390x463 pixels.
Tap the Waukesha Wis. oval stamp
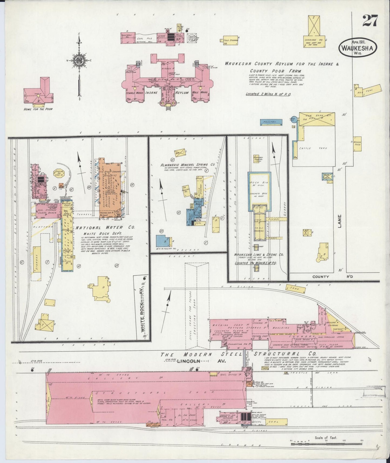(x=358, y=48)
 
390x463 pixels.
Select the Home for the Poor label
(x=38, y=109)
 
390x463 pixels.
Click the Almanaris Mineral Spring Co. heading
(x=187, y=164)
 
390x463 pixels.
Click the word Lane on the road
(x=340, y=221)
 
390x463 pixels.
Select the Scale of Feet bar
(x=327, y=444)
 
